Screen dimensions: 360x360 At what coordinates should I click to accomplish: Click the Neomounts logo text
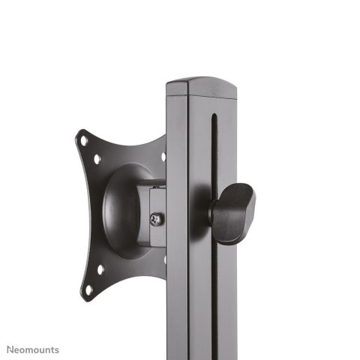[x=33, y=349]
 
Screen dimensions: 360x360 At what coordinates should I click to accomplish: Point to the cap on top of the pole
[x=201, y=85]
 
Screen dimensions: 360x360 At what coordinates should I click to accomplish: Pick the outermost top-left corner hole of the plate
[x=84, y=139]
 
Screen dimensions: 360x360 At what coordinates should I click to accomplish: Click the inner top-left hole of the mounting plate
[x=97, y=159]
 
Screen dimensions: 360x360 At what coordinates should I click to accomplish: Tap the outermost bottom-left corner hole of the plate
[x=88, y=288]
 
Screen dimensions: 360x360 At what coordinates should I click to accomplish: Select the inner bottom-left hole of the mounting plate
[x=100, y=268]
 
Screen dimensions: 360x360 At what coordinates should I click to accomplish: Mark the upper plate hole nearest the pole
[x=163, y=157]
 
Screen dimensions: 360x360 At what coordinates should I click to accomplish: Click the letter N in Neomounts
[x=10, y=349]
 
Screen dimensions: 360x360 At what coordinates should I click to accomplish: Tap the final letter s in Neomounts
[x=57, y=349]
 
